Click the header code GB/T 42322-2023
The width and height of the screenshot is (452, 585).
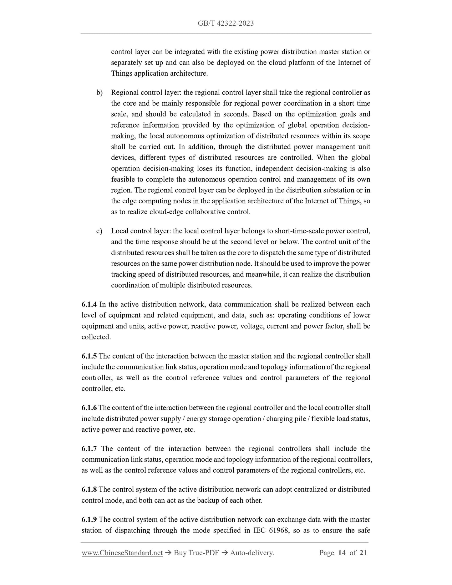226,23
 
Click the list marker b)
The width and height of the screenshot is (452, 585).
99,93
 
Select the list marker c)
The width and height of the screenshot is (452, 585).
99,231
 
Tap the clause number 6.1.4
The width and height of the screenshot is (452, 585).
89,304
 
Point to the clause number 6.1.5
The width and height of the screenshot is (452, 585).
89,356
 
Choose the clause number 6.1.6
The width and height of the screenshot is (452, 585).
89,408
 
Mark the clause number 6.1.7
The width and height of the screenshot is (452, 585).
89,449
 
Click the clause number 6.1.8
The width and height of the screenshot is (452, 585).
89,489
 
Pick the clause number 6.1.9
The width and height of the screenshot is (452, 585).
89,520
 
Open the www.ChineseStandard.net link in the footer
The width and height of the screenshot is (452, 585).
122,553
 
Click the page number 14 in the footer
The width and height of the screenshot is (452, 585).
342,553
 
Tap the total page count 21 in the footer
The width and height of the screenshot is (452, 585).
363,553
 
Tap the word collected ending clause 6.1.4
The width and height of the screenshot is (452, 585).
96,337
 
